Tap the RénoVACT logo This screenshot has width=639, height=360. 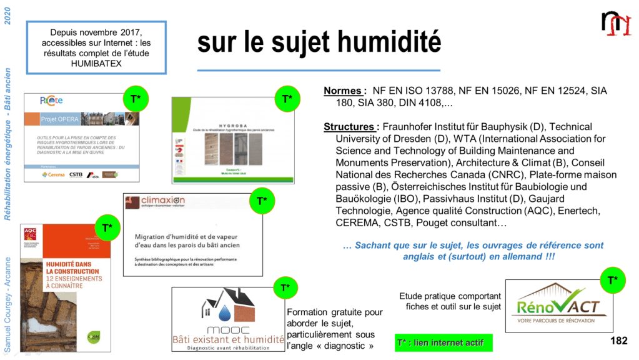pyautogui.click(x=555, y=306)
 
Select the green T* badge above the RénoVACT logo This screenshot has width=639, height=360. pyautogui.click(x=613, y=281)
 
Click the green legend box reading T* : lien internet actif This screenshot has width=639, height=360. pyautogui.click(x=443, y=342)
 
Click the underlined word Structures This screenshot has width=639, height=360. pyautogui.click(x=351, y=127)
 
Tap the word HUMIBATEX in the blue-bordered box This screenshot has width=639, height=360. pyautogui.click(x=96, y=64)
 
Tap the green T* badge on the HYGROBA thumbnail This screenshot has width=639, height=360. pyautogui.click(x=287, y=99)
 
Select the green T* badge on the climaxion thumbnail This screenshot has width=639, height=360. pyautogui.click(x=262, y=201)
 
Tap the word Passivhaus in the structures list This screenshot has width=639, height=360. pyautogui.click(x=447, y=198)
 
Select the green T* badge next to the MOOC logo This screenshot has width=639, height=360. pyautogui.click(x=285, y=287)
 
